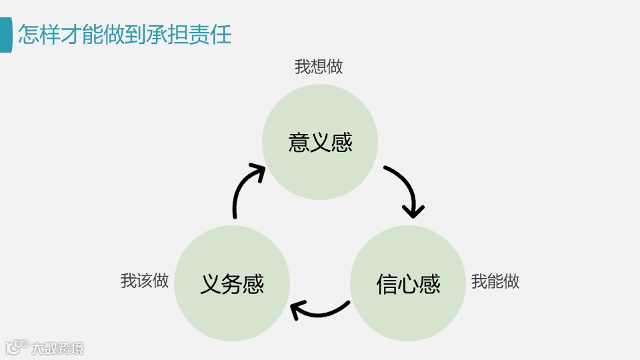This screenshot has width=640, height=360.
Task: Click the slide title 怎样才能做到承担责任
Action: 125,34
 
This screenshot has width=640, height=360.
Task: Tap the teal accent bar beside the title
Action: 5,35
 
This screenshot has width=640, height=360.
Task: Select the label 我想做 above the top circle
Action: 319,67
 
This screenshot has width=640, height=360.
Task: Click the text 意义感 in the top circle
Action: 320,142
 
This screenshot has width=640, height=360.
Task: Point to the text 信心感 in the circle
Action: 408,284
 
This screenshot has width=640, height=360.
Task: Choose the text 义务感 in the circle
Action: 232,284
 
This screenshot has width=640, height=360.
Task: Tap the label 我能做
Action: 495,281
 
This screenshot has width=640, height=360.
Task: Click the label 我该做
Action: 145,281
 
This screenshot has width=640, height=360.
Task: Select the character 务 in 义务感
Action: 232,284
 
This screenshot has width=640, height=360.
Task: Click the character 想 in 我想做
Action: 319,67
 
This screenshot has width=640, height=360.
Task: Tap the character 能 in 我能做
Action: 495,281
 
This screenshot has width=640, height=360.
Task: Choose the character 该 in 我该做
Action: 145,281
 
